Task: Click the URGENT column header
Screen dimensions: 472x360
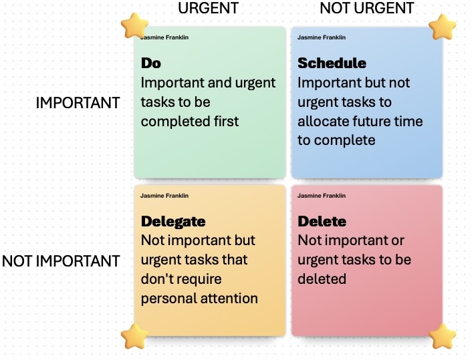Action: [209, 8]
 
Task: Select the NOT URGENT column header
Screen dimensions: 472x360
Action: [367, 8]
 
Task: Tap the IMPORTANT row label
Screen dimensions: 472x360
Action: [78, 103]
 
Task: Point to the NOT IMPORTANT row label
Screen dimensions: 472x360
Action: [61, 260]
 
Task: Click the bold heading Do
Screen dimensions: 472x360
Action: [151, 63]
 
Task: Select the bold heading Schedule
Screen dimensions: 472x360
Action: [332, 63]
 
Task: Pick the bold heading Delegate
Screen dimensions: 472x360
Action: [173, 222]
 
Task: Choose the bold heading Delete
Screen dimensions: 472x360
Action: [322, 221]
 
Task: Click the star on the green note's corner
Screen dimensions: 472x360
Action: [134, 25]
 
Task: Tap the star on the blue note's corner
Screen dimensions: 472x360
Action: [442, 27]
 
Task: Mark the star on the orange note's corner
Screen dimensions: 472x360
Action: [134, 336]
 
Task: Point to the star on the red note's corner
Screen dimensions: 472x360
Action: [442, 336]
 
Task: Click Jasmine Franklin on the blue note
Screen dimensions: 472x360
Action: [322, 37]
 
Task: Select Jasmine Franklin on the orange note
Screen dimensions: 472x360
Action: [164, 196]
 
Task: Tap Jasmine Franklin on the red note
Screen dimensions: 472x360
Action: [322, 196]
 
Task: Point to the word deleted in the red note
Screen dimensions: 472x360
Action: [322, 279]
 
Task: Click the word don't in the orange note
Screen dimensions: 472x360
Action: [156, 279]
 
